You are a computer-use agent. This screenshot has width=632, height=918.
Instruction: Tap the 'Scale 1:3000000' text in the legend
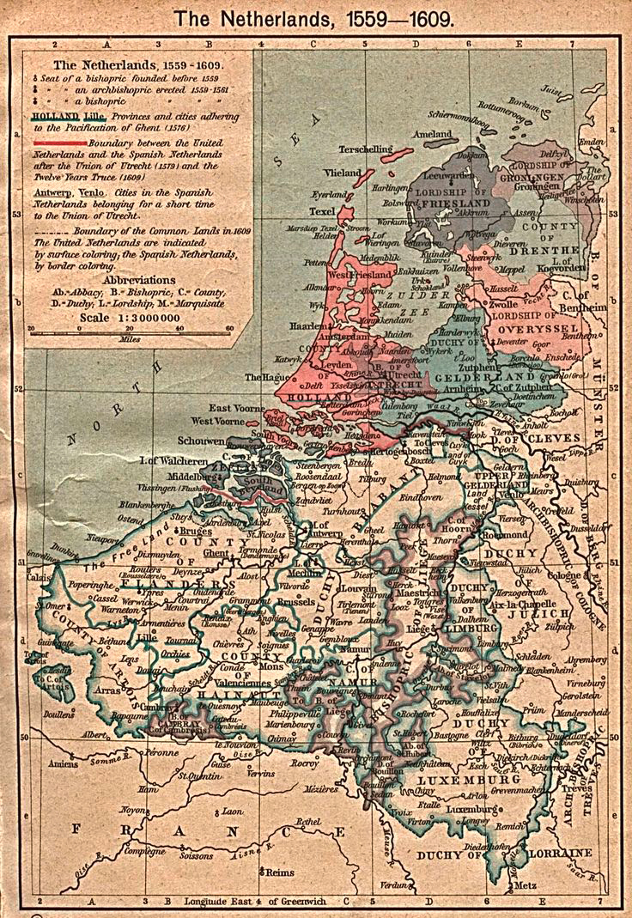[x=130, y=317]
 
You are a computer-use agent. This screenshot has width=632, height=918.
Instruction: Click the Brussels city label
[x=295, y=603]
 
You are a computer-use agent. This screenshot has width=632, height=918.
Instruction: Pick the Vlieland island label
[x=341, y=172]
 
